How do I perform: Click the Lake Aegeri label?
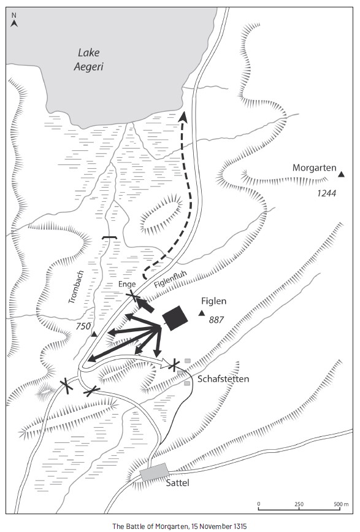(88, 60)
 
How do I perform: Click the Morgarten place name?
(315, 168)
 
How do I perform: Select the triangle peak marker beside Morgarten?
(342, 174)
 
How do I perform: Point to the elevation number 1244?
(327, 193)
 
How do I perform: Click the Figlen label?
(213, 301)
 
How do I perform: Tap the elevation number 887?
(216, 320)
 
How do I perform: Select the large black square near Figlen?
(175, 318)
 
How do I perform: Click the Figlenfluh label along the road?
(170, 280)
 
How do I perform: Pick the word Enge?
(127, 284)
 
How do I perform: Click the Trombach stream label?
(76, 287)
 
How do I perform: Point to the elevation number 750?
(83, 326)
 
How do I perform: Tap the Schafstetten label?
(223, 379)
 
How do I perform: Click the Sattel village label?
(177, 483)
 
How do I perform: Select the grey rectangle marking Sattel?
(155, 472)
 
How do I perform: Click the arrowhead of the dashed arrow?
(183, 116)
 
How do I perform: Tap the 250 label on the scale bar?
(299, 504)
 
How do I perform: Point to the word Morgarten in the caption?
(172, 526)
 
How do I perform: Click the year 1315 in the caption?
(240, 526)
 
